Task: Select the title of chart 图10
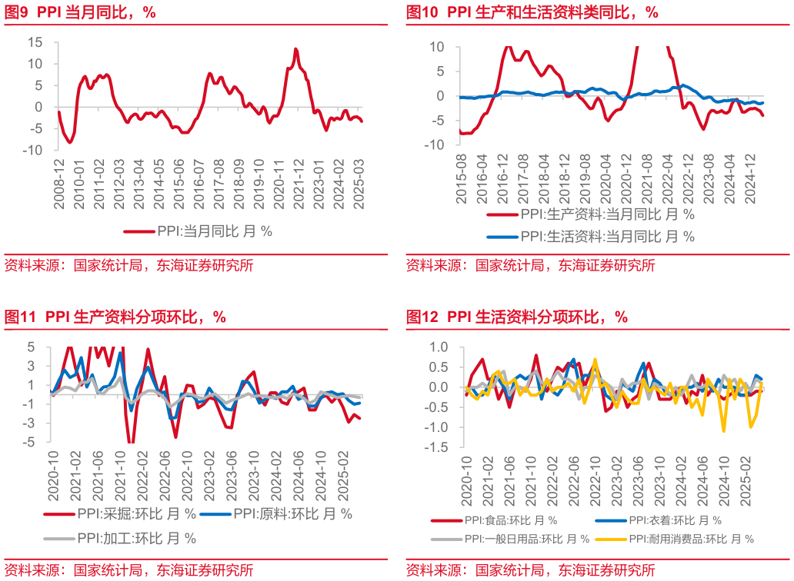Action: [x=532, y=12]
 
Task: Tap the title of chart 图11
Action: [x=115, y=317]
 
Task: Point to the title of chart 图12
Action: [x=516, y=317]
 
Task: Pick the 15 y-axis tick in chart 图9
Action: [x=35, y=41]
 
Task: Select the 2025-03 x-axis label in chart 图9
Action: [x=358, y=184]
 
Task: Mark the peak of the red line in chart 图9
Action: [x=295, y=49]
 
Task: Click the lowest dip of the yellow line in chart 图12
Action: [x=724, y=431]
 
